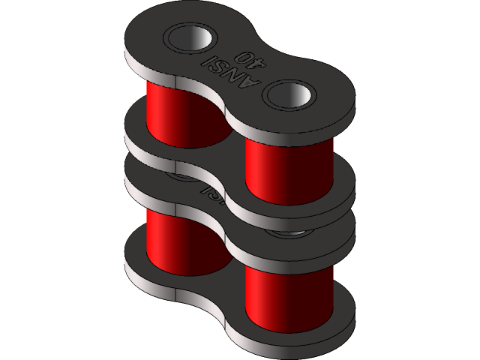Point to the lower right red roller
(x=289, y=300)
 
